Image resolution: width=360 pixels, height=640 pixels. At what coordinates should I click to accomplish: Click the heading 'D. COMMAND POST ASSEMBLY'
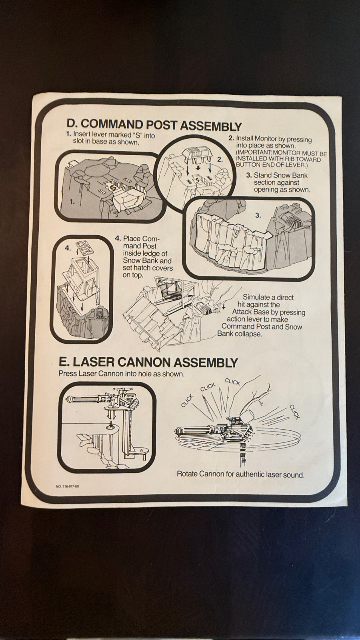point(154,125)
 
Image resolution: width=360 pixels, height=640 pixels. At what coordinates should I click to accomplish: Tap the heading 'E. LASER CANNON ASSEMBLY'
point(148,362)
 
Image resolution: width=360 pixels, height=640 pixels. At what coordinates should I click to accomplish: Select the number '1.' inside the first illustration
point(72,202)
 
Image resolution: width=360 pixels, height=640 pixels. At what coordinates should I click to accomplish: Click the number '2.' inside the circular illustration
point(220,160)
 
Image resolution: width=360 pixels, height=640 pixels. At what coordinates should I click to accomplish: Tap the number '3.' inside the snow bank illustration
point(258,215)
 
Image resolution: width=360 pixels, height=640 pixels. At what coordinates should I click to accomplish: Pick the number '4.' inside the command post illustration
point(68,248)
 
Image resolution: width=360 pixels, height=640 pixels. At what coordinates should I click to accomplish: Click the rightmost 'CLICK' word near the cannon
point(294,412)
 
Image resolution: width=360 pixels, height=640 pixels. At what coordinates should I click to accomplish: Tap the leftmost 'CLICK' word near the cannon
point(188,400)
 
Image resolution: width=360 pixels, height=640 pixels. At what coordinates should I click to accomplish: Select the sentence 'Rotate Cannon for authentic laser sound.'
point(240,474)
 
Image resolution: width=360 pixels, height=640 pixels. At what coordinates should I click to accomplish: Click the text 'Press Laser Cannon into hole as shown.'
point(122,374)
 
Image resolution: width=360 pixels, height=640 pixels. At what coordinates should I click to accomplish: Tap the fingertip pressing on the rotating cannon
point(246,413)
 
